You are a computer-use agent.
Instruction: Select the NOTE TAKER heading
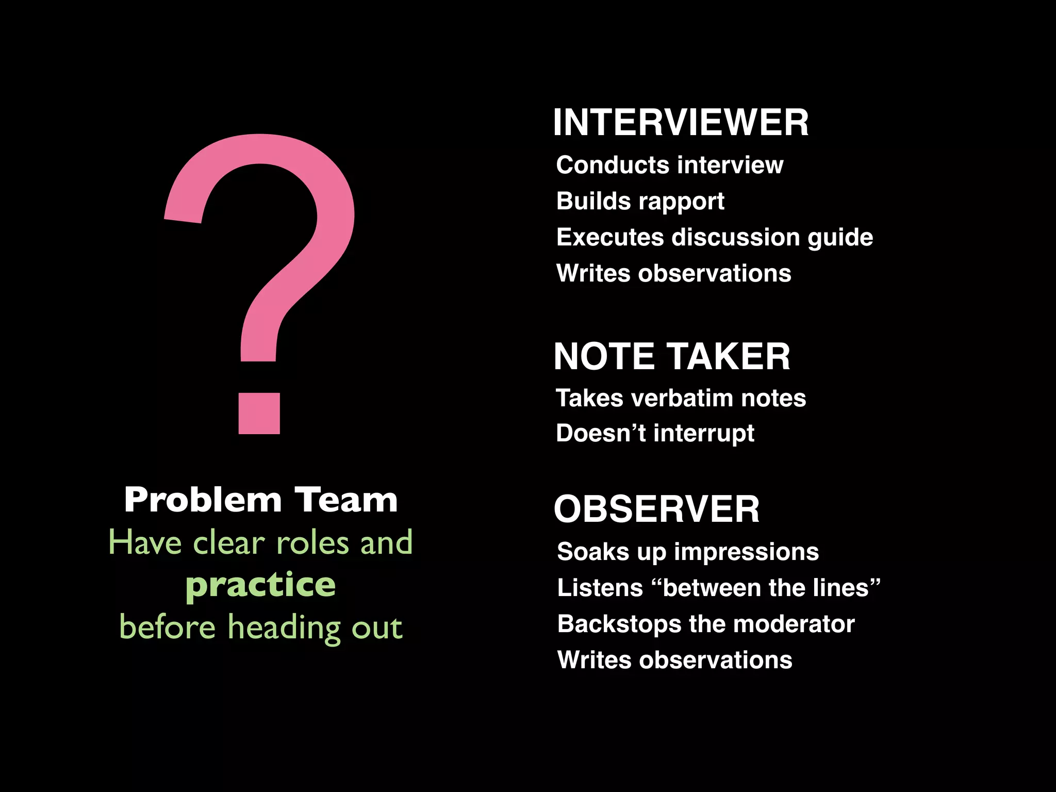671,357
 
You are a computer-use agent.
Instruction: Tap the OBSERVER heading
656,509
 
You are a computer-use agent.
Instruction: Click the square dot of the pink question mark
259,414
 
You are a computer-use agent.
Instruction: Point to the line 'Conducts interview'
669,166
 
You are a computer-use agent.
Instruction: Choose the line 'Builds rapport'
640,201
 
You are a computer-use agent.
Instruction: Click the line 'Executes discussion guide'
714,237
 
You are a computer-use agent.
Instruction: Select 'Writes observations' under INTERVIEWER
673,273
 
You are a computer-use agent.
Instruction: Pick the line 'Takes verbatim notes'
681,398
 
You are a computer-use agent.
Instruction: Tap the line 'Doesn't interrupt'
655,433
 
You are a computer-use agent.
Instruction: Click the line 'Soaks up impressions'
688,552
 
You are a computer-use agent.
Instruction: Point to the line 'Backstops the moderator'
706,624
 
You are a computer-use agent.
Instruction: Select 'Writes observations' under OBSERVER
674,660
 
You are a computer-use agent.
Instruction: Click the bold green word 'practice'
260,585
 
